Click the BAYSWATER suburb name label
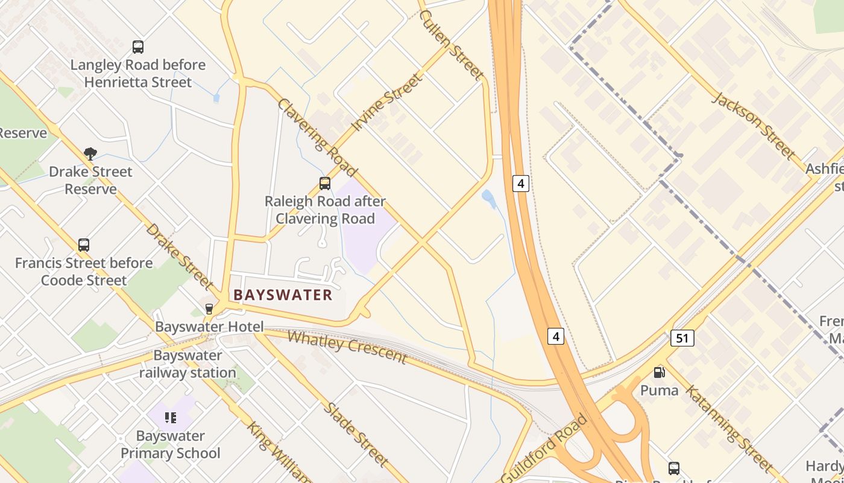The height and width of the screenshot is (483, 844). coord(283,295)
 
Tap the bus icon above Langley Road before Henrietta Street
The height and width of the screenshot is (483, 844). coord(138,46)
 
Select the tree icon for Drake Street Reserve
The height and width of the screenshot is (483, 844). coord(90,154)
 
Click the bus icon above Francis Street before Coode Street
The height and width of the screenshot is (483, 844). coord(84,245)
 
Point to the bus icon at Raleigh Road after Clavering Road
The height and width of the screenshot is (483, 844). coord(325,184)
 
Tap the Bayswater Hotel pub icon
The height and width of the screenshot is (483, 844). coord(209,309)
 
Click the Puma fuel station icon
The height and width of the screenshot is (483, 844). coord(660,373)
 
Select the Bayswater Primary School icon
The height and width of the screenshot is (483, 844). coord(171,417)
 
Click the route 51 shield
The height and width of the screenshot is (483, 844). coord(682,338)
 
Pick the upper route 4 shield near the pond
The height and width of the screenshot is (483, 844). coord(521,183)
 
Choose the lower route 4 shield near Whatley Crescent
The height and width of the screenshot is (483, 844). coord(556,336)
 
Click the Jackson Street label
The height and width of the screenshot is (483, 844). coord(754,126)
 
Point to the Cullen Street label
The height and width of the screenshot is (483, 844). coord(452,45)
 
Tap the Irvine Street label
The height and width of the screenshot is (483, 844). coord(387,103)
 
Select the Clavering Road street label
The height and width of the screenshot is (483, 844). coord(316,138)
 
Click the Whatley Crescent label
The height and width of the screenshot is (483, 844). coord(347,347)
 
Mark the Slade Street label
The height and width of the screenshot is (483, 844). coord(356,434)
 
